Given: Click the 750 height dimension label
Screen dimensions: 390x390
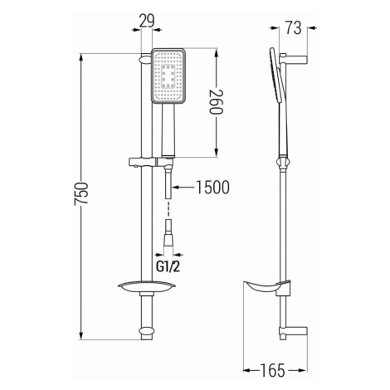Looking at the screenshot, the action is pyautogui.click(x=81, y=193).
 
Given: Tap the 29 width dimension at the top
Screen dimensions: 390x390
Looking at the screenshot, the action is pyautogui.click(x=147, y=21).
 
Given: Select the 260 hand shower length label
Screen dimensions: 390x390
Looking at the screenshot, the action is pyautogui.click(x=216, y=101).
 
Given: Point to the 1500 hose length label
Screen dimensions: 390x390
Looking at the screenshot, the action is pyautogui.click(x=212, y=188).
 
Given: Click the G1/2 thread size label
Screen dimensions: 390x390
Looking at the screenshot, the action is pyautogui.click(x=168, y=266).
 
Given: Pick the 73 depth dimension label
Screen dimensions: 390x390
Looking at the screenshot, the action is pyautogui.click(x=293, y=27).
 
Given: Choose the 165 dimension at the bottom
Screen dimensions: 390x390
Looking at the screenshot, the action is pyautogui.click(x=272, y=370).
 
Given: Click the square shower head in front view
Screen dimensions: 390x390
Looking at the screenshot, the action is pyautogui.click(x=168, y=76).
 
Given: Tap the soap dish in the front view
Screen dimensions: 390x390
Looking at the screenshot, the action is pyautogui.click(x=146, y=287).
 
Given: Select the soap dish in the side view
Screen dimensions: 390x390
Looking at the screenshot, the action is pyautogui.click(x=266, y=288).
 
